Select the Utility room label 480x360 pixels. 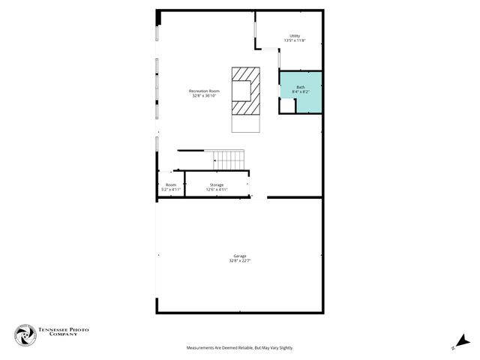pyautogui.click(x=295, y=35)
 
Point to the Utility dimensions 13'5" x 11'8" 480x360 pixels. pyautogui.click(x=295, y=40)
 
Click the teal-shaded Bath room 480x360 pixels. pyautogui.click(x=309, y=101)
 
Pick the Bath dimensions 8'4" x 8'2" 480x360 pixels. pyautogui.click(x=301, y=92)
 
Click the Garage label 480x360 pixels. pyautogui.click(x=239, y=256)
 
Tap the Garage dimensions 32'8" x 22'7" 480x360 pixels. pyautogui.click(x=239, y=261)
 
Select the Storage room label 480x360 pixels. pyautogui.click(x=216, y=184)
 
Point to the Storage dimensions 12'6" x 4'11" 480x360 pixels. pyautogui.click(x=216, y=190)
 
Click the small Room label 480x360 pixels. pyautogui.click(x=171, y=184)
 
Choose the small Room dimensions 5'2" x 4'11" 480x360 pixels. pyautogui.click(x=171, y=190)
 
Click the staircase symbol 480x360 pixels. pyautogui.click(x=229, y=159)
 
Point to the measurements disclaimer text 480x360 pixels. pyautogui.click(x=240, y=348)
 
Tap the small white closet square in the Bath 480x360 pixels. pyautogui.click(x=287, y=106)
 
